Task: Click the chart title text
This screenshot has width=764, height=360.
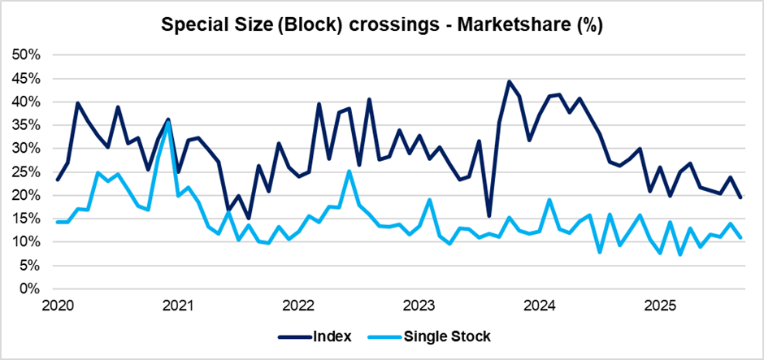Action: pyautogui.click(x=381, y=24)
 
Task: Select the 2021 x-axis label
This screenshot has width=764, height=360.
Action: pyautogui.click(x=177, y=306)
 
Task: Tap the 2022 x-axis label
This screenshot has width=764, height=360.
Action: pyautogui.click(x=297, y=306)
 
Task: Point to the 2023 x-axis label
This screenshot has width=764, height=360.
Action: pyautogui.click(x=419, y=306)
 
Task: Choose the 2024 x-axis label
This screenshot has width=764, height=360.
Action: pyautogui.click(x=539, y=306)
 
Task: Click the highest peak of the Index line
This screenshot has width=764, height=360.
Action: pyautogui.click(x=509, y=81)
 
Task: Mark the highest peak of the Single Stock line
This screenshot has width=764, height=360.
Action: pyautogui.click(x=167, y=123)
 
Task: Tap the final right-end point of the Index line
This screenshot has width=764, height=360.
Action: pyautogui.click(x=740, y=197)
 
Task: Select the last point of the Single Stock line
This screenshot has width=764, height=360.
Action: pyautogui.click(x=740, y=237)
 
